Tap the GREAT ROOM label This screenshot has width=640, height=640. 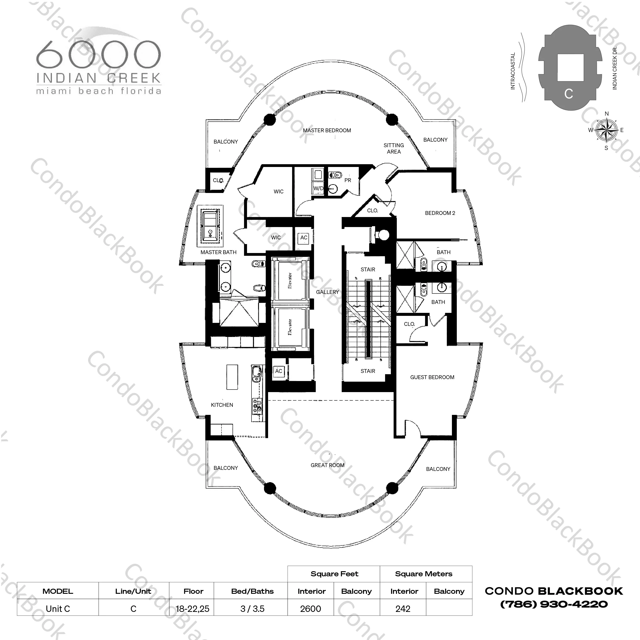(327, 465)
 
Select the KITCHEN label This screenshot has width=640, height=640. (222, 405)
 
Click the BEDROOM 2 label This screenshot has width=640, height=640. (440, 213)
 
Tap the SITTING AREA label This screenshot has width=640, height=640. (394, 148)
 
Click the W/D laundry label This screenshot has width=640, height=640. (318, 188)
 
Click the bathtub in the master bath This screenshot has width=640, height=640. (210, 226)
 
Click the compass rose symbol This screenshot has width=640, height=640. (607, 130)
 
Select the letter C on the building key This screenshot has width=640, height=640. (569, 94)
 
